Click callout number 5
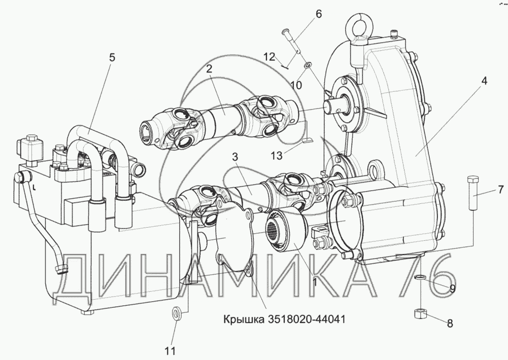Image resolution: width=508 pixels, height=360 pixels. [x=112, y=58]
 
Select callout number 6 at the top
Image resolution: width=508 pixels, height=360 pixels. [x=319, y=14]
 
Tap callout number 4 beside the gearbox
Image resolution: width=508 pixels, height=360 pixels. [x=484, y=81]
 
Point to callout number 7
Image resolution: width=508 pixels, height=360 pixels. [x=501, y=190]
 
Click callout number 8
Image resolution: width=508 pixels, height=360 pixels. [x=450, y=323]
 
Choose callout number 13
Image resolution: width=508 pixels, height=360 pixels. [x=277, y=156]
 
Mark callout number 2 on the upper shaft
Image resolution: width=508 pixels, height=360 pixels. [x=209, y=68]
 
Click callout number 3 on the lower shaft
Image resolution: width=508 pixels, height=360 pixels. [x=235, y=158]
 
